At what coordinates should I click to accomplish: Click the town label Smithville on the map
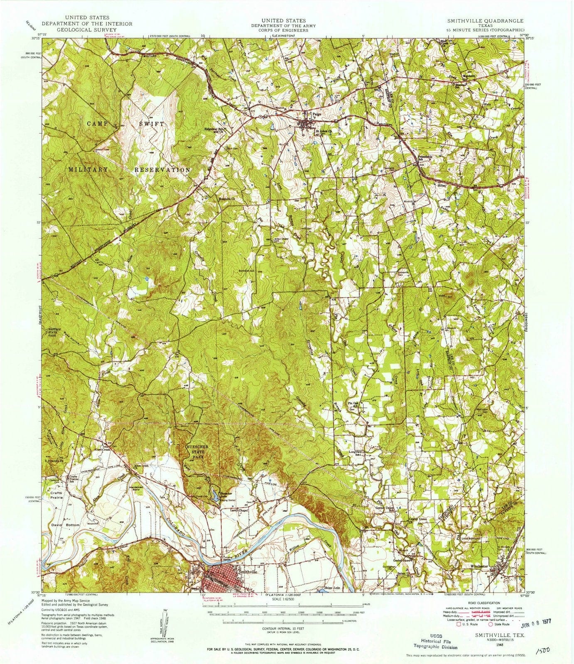tap(248, 571)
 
